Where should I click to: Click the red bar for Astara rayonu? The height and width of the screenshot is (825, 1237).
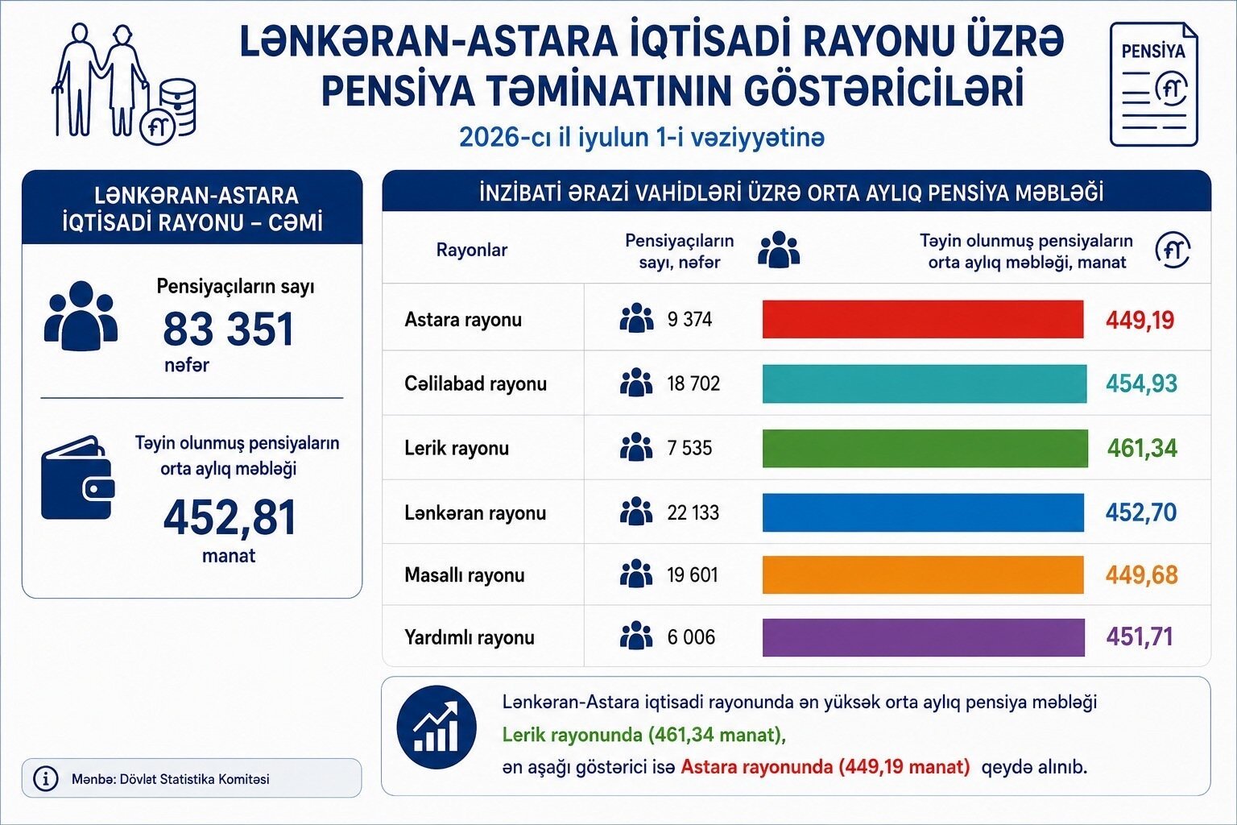coord(923,319)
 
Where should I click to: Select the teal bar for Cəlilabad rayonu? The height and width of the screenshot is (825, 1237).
coord(925,383)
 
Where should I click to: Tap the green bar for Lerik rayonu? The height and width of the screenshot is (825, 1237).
coord(925,448)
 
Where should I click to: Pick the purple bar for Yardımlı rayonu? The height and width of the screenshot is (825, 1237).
coord(924,637)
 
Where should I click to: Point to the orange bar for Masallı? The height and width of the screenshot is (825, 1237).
coord(923,574)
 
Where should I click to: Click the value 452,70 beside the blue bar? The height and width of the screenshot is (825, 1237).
coord(1141,512)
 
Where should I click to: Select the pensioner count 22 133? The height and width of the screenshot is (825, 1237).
coord(693,512)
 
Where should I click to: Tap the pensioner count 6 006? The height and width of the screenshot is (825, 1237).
coord(691,637)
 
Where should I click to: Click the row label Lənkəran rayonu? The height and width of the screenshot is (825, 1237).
coord(475,513)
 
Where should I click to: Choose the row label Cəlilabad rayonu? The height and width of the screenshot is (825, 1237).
coord(475,383)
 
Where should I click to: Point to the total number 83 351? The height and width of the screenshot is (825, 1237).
coord(228,329)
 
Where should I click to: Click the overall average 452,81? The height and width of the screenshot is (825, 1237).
coord(230,517)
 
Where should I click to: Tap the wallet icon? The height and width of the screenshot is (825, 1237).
coord(78,478)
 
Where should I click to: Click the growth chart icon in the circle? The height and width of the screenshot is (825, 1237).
coord(436,728)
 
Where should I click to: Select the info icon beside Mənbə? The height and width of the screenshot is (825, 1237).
coord(46,778)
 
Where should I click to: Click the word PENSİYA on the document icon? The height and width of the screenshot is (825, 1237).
coord(1153,52)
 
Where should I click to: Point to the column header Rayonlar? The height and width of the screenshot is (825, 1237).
coord(472,250)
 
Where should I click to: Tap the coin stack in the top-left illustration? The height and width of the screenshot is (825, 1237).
coord(178,106)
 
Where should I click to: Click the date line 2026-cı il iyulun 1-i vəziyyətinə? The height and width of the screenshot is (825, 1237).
coord(642,138)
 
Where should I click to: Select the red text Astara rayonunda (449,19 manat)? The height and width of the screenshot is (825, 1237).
coord(825,767)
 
